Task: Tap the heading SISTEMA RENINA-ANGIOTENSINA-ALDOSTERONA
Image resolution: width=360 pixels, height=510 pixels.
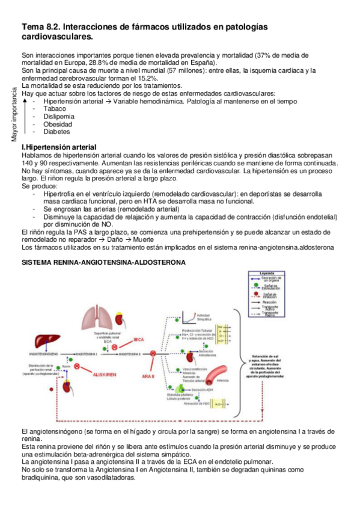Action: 103,262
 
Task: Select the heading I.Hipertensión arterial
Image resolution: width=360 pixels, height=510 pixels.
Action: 58,147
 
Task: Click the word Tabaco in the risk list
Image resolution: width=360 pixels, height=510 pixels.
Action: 55,109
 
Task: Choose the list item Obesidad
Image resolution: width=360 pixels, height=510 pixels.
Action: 58,124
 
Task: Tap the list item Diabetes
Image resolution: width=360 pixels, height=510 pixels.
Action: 56,132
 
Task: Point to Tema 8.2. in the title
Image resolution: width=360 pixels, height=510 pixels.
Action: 40,27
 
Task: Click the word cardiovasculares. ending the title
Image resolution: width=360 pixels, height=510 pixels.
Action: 57,37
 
